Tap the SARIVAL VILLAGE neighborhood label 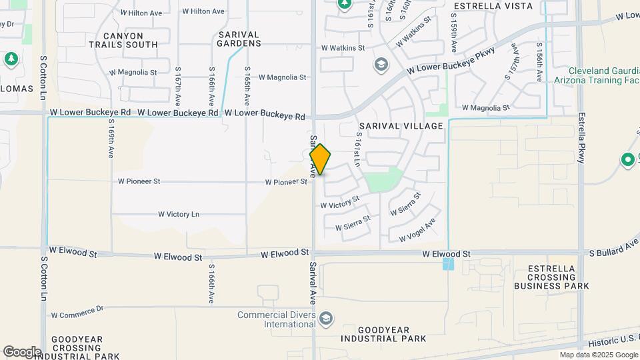[401, 126]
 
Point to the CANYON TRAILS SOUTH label [123, 40]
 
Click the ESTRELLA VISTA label [493, 6]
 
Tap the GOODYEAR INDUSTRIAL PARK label [392, 334]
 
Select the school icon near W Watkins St [381, 65]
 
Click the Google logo [22, 351]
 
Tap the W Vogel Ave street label [417, 230]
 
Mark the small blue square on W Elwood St [448, 265]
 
